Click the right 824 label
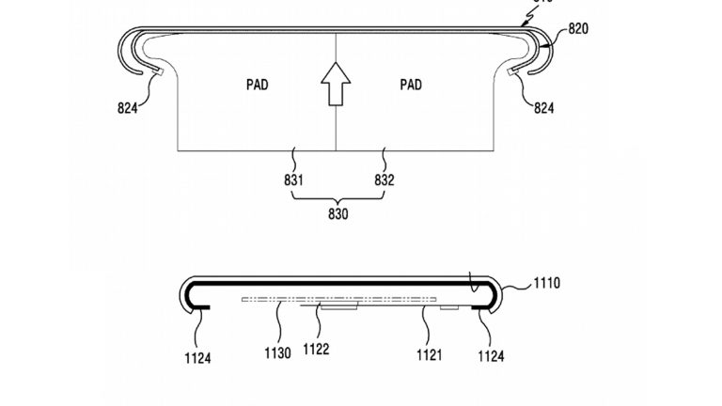point(542,108)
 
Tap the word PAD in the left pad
point(256,85)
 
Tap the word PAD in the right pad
point(411,85)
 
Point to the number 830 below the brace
point(338,214)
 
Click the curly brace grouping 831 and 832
point(338,196)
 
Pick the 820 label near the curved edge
point(578,29)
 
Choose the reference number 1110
point(546,282)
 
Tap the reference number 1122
point(317,349)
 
